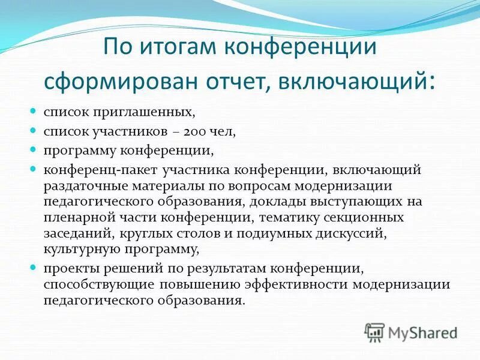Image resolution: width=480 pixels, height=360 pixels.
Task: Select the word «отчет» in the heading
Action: click(232, 80)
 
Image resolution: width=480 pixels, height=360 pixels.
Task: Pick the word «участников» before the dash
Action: click(126, 131)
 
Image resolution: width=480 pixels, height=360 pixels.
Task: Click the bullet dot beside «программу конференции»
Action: click(34, 149)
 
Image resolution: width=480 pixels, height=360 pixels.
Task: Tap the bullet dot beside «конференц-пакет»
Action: click(34, 169)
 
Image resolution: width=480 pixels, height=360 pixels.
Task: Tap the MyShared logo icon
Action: click(374, 332)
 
